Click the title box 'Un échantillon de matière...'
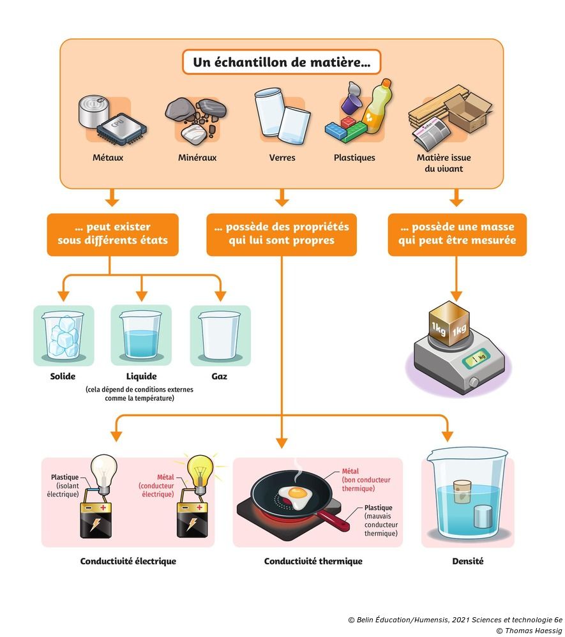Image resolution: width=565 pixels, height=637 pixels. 282,63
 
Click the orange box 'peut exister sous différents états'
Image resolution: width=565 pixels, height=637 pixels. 112,234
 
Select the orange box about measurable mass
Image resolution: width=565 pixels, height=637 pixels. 457,234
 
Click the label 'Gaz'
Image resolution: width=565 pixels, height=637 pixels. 219,377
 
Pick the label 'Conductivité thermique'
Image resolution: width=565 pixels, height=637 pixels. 313,562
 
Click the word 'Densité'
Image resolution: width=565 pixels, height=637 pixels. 467,562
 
